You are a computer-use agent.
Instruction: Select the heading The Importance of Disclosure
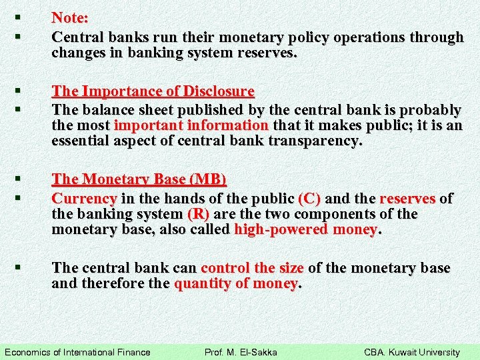153,91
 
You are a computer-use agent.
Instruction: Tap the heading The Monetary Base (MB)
139,179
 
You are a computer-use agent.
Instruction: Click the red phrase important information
191,125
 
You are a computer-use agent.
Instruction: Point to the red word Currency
84,198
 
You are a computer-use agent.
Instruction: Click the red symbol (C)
309,198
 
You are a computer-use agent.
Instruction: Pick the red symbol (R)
199,214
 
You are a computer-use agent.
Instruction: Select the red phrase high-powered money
306,230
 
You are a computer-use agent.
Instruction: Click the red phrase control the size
252,268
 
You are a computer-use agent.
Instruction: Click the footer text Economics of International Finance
77,352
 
